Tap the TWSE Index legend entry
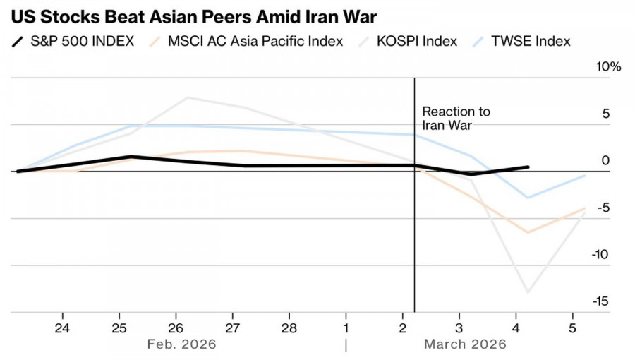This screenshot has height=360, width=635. [533, 41]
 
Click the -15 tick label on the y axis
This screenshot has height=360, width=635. [600, 301]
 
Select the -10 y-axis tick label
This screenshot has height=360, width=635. [600, 255]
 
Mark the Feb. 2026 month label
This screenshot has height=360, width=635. [181, 344]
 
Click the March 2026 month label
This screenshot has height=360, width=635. [465, 344]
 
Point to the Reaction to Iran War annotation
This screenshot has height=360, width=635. [456, 119]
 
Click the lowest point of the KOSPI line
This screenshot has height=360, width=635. [528, 292]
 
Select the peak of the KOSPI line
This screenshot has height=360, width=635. [187, 97]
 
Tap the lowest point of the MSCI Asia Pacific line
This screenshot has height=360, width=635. [528, 232]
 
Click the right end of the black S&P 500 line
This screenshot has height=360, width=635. [528, 167]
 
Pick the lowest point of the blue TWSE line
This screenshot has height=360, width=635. [528, 198]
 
